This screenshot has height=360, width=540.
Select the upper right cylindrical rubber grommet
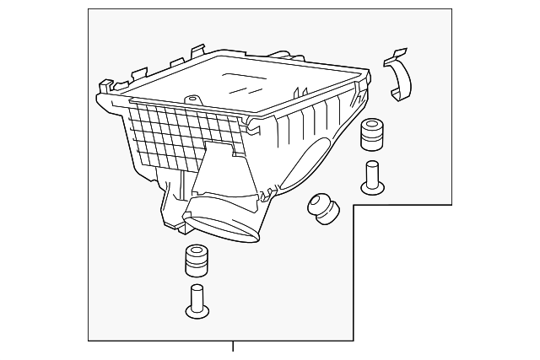click(372, 136)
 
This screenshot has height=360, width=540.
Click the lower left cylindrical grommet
click(197, 261)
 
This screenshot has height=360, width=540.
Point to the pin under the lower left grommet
click(197, 302)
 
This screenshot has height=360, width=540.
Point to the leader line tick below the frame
click(233, 346)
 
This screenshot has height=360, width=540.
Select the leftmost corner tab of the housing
click(103, 85)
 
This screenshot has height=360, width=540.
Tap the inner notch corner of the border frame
click(354, 205)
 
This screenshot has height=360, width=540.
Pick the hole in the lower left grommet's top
click(197, 250)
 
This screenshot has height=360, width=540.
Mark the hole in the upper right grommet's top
click(372, 126)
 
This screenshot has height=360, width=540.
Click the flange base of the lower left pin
click(197, 313)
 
